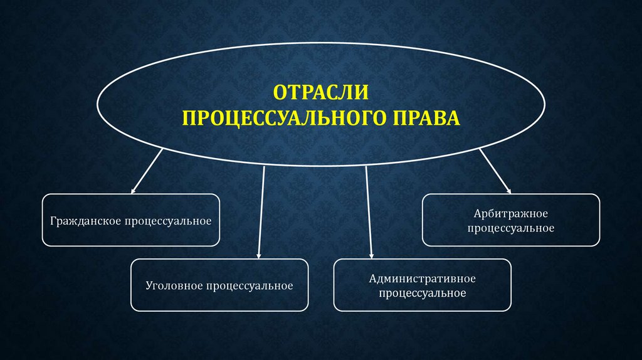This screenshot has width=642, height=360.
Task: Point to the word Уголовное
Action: click(x=172, y=286)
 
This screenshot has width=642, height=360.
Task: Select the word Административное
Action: click(x=423, y=278)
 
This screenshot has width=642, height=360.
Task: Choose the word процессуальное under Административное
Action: click(x=423, y=293)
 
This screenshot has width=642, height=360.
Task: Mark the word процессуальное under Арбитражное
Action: click(x=511, y=228)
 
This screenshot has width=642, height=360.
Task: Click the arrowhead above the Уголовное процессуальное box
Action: click(x=259, y=254)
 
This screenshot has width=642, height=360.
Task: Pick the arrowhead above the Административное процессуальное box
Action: click(x=372, y=254)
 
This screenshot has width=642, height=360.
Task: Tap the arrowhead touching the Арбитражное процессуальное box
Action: click(x=508, y=189)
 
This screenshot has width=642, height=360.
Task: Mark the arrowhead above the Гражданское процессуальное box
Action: click(x=134, y=189)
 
